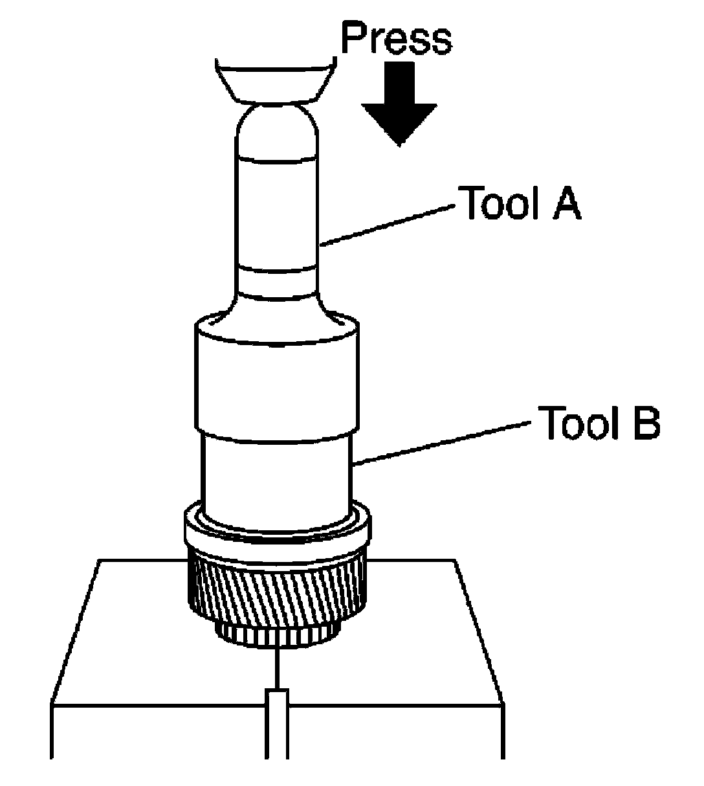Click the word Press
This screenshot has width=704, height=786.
click(x=397, y=38)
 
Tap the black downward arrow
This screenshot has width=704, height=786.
click(x=399, y=104)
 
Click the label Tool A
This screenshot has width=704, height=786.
click(x=519, y=202)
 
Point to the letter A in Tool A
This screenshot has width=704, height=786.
click(x=566, y=202)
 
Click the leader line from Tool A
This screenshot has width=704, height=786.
click(x=387, y=225)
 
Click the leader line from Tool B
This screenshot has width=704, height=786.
click(x=441, y=444)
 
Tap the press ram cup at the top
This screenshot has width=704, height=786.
click(x=276, y=81)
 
